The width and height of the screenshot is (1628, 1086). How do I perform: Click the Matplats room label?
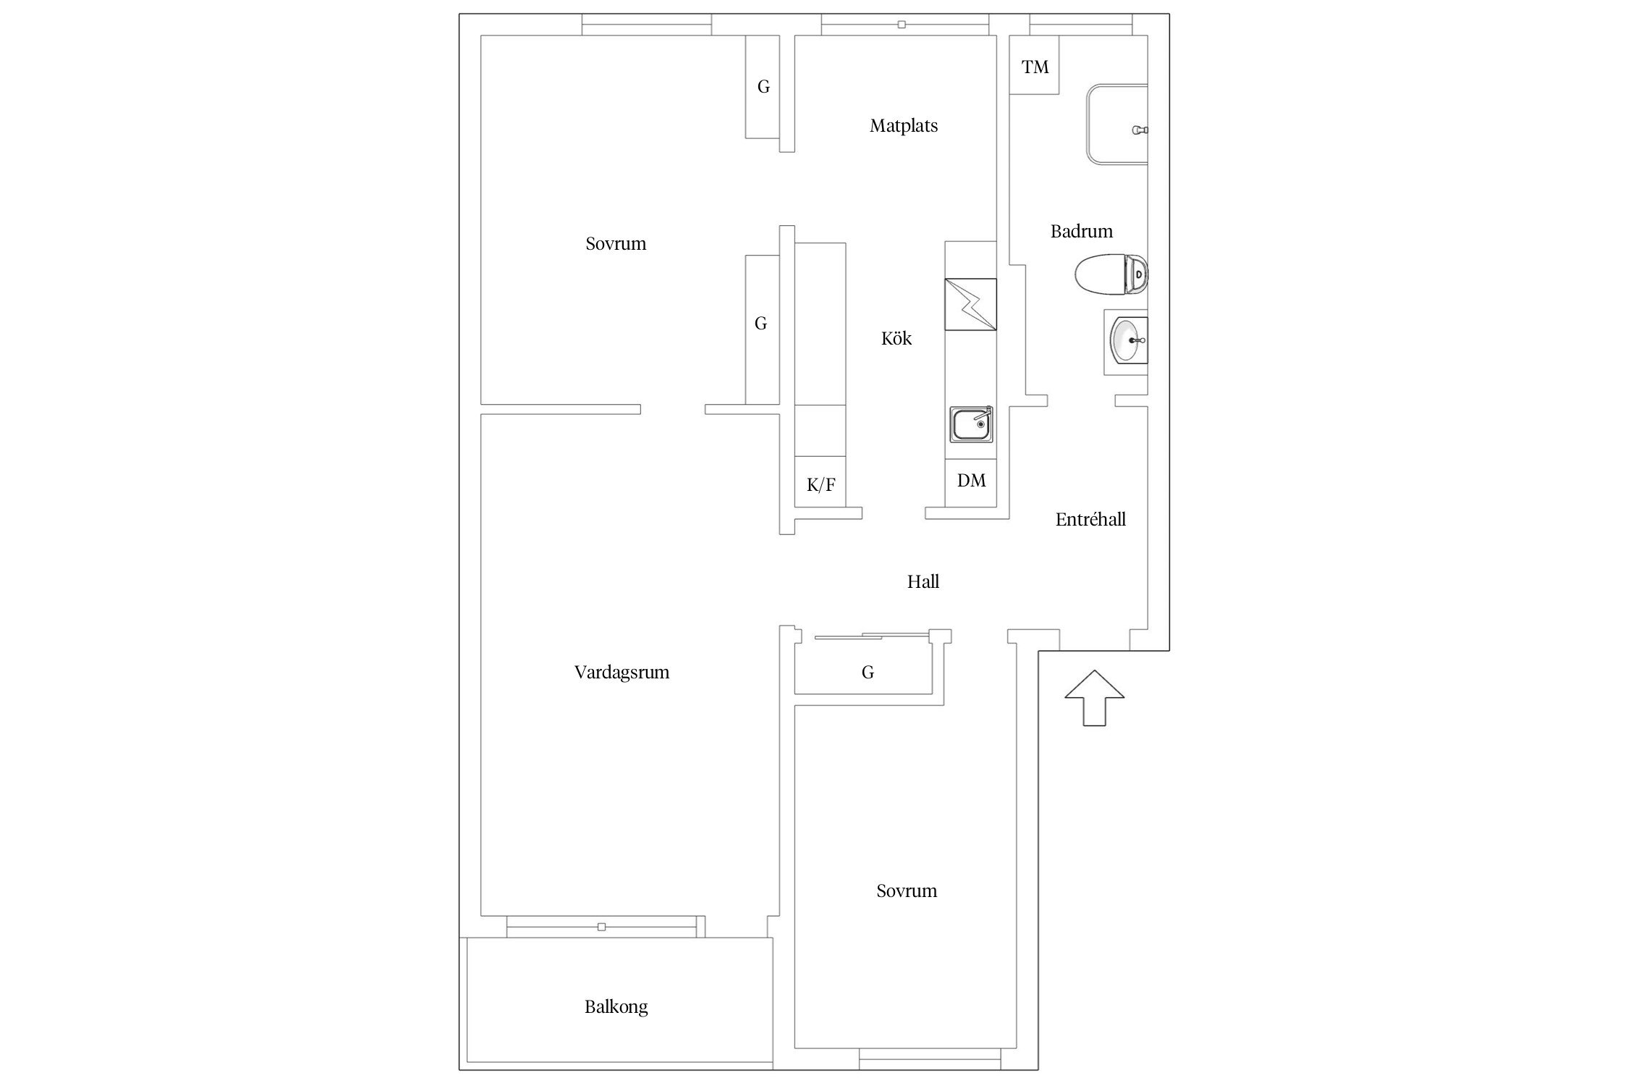[x=904, y=126]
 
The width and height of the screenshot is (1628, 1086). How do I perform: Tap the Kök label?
[x=896, y=338]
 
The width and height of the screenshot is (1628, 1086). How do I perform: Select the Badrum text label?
[x=1082, y=231]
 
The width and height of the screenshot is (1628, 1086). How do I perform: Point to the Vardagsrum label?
[x=622, y=673]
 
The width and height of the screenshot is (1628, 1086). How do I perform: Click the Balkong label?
[x=616, y=1007]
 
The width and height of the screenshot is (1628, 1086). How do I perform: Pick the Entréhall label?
[x=1090, y=519]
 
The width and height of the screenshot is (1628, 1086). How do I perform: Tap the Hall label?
[x=923, y=581]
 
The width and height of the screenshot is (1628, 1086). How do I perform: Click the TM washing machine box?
[x=1035, y=64]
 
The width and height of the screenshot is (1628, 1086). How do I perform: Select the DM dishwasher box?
[x=971, y=481]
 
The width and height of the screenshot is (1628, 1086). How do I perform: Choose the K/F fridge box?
[x=820, y=481]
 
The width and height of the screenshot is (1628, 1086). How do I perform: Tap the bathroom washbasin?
[x=1127, y=341]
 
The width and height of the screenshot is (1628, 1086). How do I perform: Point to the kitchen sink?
[x=971, y=424]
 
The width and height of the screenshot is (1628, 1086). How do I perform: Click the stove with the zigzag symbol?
[x=971, y=304]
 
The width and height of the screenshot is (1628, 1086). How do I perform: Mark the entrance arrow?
[x=1094, y=698]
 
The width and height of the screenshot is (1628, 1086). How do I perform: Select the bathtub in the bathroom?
[x=1117, y=125]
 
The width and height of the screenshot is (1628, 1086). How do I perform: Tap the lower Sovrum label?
[x=907, y=891]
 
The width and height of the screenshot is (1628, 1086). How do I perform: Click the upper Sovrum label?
[x=616, y=244]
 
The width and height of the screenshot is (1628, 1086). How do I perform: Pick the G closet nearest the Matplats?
[x=763, y=87]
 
